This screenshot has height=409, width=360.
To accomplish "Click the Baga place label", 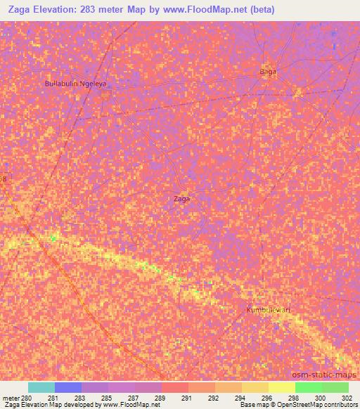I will coord(269,72).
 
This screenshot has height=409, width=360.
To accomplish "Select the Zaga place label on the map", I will coord(181,199).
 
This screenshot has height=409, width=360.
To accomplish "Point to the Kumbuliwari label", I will coord(268,310).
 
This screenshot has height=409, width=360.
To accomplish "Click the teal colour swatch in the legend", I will coord(41,387).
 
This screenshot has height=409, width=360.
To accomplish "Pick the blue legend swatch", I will coord(68,387).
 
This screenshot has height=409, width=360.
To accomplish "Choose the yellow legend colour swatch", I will coord(282,387).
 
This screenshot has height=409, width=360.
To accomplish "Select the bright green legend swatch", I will coord(309,387).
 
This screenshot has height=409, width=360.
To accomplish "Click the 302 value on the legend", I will coord(347,397).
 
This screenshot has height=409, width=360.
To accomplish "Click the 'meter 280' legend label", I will coord(16,397).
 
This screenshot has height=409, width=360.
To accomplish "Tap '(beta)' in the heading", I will coord(259,10).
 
